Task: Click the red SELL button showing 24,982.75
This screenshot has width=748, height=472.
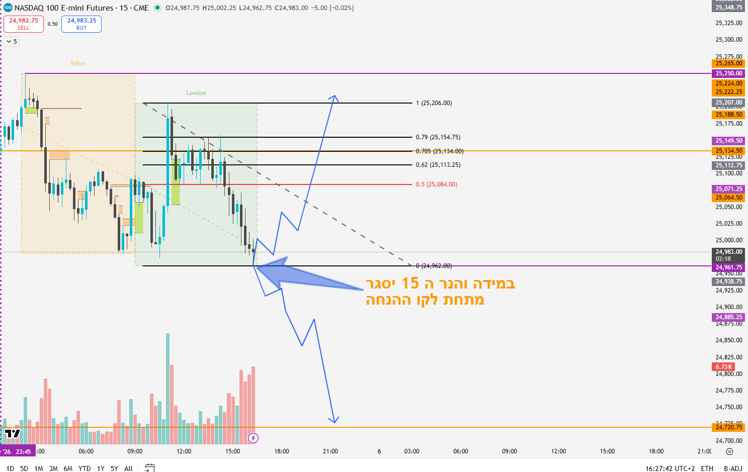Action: pos(24,24)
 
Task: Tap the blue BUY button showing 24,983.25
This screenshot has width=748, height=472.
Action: pos(81,24)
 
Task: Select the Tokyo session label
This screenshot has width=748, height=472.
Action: pos(77,63)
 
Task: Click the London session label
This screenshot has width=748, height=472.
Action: pos(196,93)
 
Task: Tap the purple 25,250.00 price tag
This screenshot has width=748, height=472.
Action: pos(729,73)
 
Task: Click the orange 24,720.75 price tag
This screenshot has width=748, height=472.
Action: pos(729,427)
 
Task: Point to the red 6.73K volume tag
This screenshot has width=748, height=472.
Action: pos(724,367)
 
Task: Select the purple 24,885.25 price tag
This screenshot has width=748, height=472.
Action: pos(729,317)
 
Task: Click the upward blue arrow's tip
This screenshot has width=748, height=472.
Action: pos(334,96)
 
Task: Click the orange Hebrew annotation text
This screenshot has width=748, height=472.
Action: pos(440,292)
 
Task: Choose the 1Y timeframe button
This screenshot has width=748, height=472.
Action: pos(101,468)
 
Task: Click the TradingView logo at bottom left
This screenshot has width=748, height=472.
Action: pos(12,433)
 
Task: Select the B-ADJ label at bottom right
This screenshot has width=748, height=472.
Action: pos(733,468)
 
